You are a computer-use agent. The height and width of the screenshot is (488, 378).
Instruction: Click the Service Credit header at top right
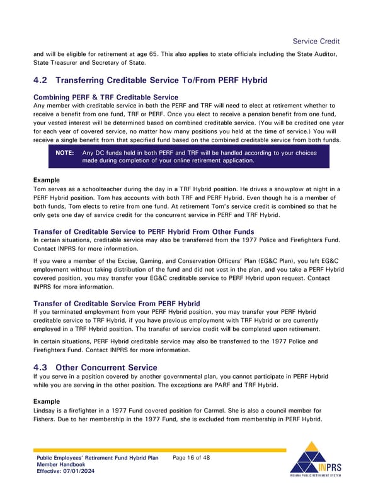[x=316, y=42]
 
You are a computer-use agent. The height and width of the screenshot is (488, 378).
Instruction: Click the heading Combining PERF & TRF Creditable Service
[x=105, y=97]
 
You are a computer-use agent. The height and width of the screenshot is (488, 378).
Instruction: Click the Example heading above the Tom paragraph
[x=47, y=180]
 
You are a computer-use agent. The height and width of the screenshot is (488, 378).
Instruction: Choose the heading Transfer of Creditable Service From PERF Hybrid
[x=117, y=303]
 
